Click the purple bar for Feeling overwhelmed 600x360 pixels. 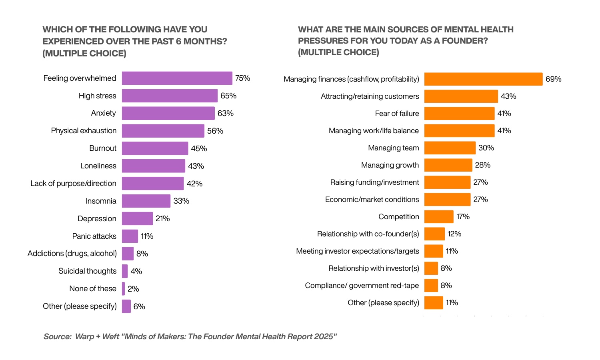click(x=177, y=78)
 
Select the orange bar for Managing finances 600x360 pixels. click(x=483, y=79)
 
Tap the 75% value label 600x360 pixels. click(x=242, y=78)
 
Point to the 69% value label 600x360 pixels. click(x=553, y=79)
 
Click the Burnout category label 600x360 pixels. click(x=103, y=148)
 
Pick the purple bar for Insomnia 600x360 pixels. click(x=146, y=201)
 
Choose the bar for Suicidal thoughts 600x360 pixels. click(x=125, y=271)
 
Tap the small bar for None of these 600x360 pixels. click(x=124, y=289)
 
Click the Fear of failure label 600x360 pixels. click(x=397, y=114)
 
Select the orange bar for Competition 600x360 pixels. click(x=439, y=217)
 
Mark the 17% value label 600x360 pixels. click(x=463, y=217)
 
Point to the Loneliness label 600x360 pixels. click(x=98, y=166)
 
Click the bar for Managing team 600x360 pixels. click(x=450, y=148)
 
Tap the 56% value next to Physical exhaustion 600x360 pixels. click(x=215, y=131)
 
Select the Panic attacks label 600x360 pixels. click(x=94, y=236)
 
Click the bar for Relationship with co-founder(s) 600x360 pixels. click(x=434, y=234)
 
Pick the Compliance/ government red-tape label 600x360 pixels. click(x=362, y=286)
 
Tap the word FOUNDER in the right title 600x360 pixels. click(x=464, y=41)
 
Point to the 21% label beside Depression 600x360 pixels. click(x=163, y=218)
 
